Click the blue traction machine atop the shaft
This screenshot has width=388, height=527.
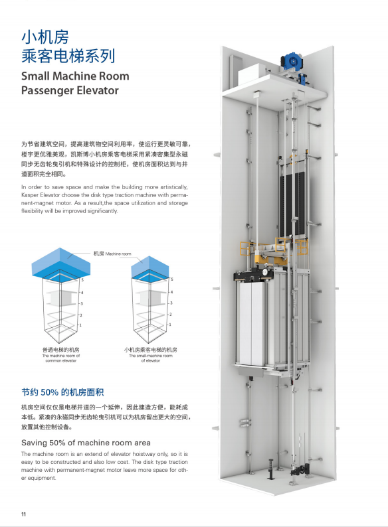click(292, 61)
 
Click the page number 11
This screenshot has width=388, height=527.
click(23, 514)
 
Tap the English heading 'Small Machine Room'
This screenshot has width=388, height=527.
click(75, 76)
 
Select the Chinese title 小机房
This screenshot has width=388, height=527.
click(45, 37)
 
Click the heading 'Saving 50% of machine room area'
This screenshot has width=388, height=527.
click(86, 443)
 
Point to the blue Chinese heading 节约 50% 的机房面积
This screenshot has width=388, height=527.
click(62, 392)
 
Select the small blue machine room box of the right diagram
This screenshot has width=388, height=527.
click(149, 267)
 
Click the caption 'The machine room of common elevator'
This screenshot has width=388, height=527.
click(61, 358)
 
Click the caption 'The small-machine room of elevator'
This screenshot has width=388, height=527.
click(151, 358)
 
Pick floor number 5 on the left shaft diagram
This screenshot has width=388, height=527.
click(82, 279)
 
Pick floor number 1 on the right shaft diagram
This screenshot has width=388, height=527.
click(170, 325)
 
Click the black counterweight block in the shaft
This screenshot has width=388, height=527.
click(293, 204)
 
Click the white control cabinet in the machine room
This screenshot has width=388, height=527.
click(251, 73)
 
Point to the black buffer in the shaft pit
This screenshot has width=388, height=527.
click(270, 469)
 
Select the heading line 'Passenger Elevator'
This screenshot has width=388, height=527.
click(70, 90)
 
